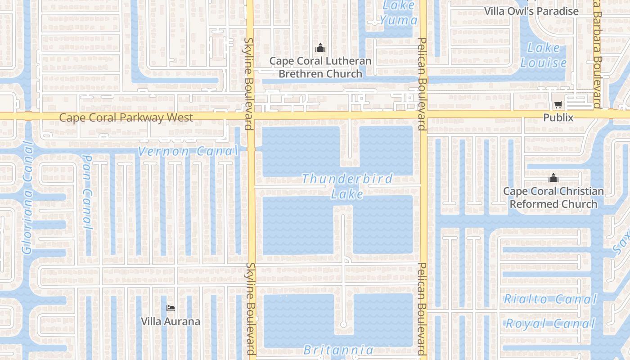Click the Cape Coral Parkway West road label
pyautogui.click(x=126, y=118)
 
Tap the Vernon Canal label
pyautogui.click(x=187, y=151)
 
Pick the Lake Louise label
pyautogui.click(x=543, y=55)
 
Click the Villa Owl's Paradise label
pyautogui.click(x=531, y=11)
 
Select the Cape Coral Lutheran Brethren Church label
pyautogui.click(x=320, y=67)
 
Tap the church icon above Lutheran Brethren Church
pyautogui.click(x=320, y=47)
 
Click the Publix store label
pyautogui.click(x=558, y=117)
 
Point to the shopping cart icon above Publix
pyautogui.click(x=558, y=105)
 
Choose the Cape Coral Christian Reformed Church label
pyautogui.click(x=553, y=198)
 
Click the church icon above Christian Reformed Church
pyautogui.click(x=553, y=178)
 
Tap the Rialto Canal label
pyautogui.click(x=550, y=299)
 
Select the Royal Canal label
pyautogui.click(x=550, y=323)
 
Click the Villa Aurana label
pyautogui.click(x=171, y=321)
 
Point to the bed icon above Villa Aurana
pyautogui.click(x=171, y=308)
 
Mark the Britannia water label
pyautogui.click(x=338, y=350)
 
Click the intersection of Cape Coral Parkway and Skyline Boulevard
pyautogui.click(x=251, y=116)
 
